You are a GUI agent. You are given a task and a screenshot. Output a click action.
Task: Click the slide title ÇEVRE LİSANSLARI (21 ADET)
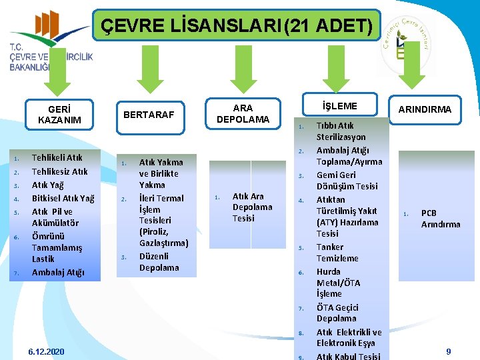[x=237, y=27]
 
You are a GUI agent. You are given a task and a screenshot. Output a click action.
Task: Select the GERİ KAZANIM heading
[x=59, y=115]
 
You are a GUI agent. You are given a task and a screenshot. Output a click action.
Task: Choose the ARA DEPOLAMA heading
[x=243, y=113]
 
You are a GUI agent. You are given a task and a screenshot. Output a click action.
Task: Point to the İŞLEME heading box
[x=339, y=106]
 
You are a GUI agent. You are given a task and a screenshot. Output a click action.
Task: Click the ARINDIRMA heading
[x=425, y=109]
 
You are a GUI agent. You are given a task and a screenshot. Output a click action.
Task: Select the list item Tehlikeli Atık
[x=57, y=158]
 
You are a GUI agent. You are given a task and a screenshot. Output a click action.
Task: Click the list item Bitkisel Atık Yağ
[x=63, y=198]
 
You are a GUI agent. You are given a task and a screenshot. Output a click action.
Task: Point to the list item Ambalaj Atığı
[x=58, y=272]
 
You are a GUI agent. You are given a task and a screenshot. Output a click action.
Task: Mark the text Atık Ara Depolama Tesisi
[x=252, y=207]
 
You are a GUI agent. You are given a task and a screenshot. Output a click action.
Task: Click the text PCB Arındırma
[x=440, y=219]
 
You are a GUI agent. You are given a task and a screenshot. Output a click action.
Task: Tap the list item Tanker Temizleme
[x=337, y=252]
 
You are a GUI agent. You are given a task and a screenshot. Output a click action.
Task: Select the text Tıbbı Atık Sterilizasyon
[x=341, y=131]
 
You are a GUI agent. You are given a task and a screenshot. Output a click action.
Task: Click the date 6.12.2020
[x=47, y=351]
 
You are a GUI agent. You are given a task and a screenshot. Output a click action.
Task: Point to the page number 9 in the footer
[x=448, y=351]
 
